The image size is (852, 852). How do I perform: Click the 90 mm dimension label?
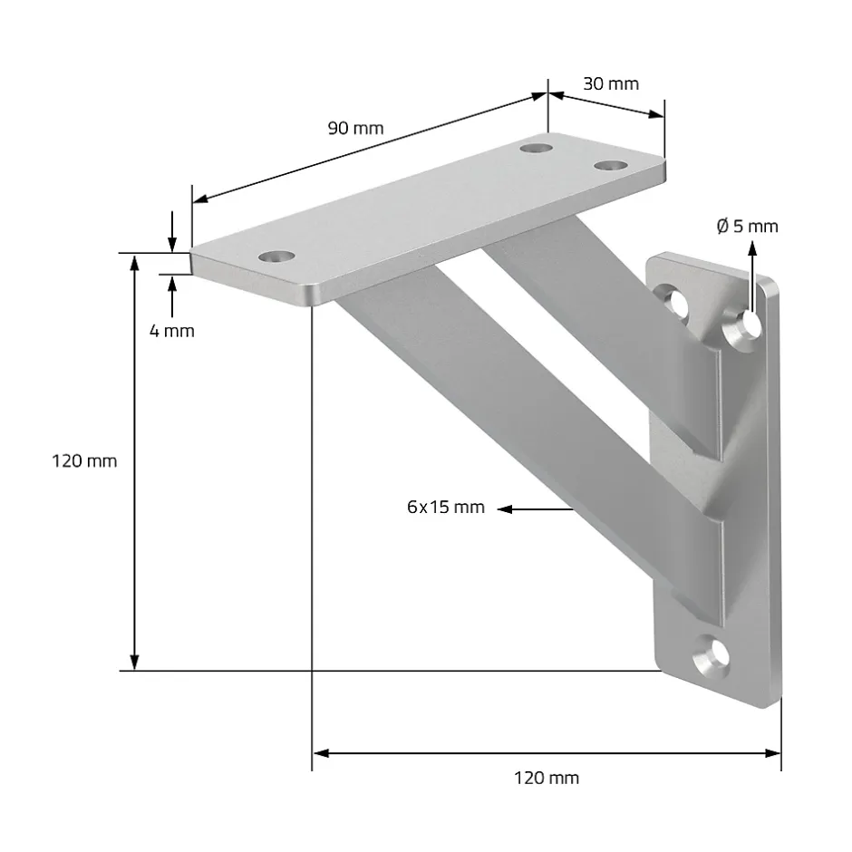pos(355,128)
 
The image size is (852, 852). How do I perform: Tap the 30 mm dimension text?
pos(610,83)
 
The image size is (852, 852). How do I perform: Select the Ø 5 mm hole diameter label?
pos(747,226)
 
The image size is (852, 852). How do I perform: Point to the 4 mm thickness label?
pos(171,331)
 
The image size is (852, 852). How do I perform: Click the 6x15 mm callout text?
pos(446,507)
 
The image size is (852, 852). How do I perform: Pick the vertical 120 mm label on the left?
pos(84,460)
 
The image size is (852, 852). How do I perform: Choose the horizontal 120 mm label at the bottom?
pos(546,777)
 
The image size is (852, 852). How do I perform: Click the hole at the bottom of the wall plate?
pos(712,655)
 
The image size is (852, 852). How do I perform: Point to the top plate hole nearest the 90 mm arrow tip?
pos(538,145)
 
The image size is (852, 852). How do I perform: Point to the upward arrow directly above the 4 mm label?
pos(171,281)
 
